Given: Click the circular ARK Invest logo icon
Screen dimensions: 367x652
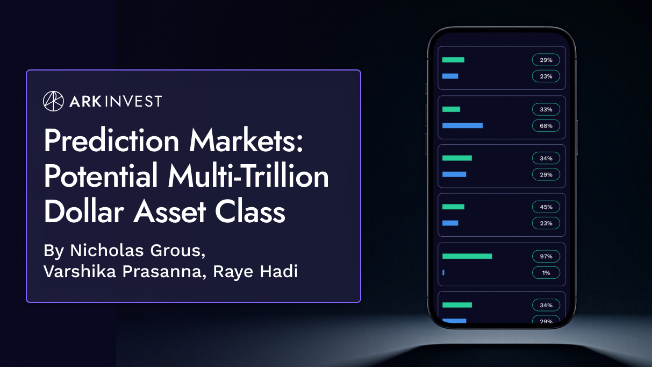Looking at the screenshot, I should (x=53, y=101).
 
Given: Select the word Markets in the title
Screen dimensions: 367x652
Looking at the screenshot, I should (x=246, y=142).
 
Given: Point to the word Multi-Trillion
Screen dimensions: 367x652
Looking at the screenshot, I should (x=243, y=177).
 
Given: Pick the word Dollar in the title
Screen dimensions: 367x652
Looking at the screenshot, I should (x=84, y=211).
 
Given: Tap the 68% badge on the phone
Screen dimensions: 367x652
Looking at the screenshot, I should (x=546, y=125).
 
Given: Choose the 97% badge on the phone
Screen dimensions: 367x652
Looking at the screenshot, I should (x=546, y=256).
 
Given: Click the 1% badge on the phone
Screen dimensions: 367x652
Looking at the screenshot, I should (x=546, y=273).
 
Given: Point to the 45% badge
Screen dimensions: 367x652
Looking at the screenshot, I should (x=546, y=207).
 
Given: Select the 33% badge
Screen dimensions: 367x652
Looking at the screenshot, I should (x=546, y=109).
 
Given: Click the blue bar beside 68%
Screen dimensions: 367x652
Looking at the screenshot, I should (x=462, y=125).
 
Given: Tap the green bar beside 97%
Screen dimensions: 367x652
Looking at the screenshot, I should (x=467, y=256).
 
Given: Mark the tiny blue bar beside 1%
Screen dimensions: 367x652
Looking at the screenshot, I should (x=443, y=273).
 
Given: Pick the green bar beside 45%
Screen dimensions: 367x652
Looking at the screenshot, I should (x=453, y=207).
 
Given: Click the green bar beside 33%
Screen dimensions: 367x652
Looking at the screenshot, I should (x=451, y=109).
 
